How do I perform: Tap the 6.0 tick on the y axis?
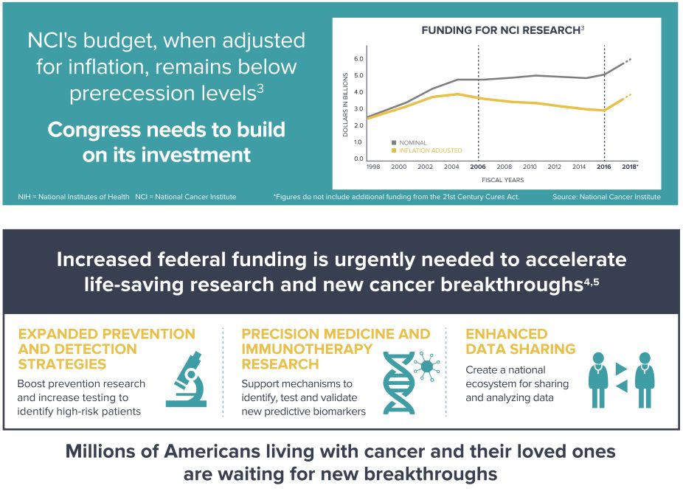[x=359, y=58]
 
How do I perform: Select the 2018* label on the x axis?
[x=629, y=167]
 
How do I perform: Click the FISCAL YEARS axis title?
[x=503, y=179]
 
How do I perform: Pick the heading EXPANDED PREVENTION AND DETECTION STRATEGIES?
[x=106, y=349]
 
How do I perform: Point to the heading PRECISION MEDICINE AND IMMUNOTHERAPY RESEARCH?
[x=336, y=349]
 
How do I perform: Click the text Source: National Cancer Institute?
[x=606, y=197]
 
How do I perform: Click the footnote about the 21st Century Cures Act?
[x=396, y=197]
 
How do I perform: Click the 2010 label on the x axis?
[x=529, y=167]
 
